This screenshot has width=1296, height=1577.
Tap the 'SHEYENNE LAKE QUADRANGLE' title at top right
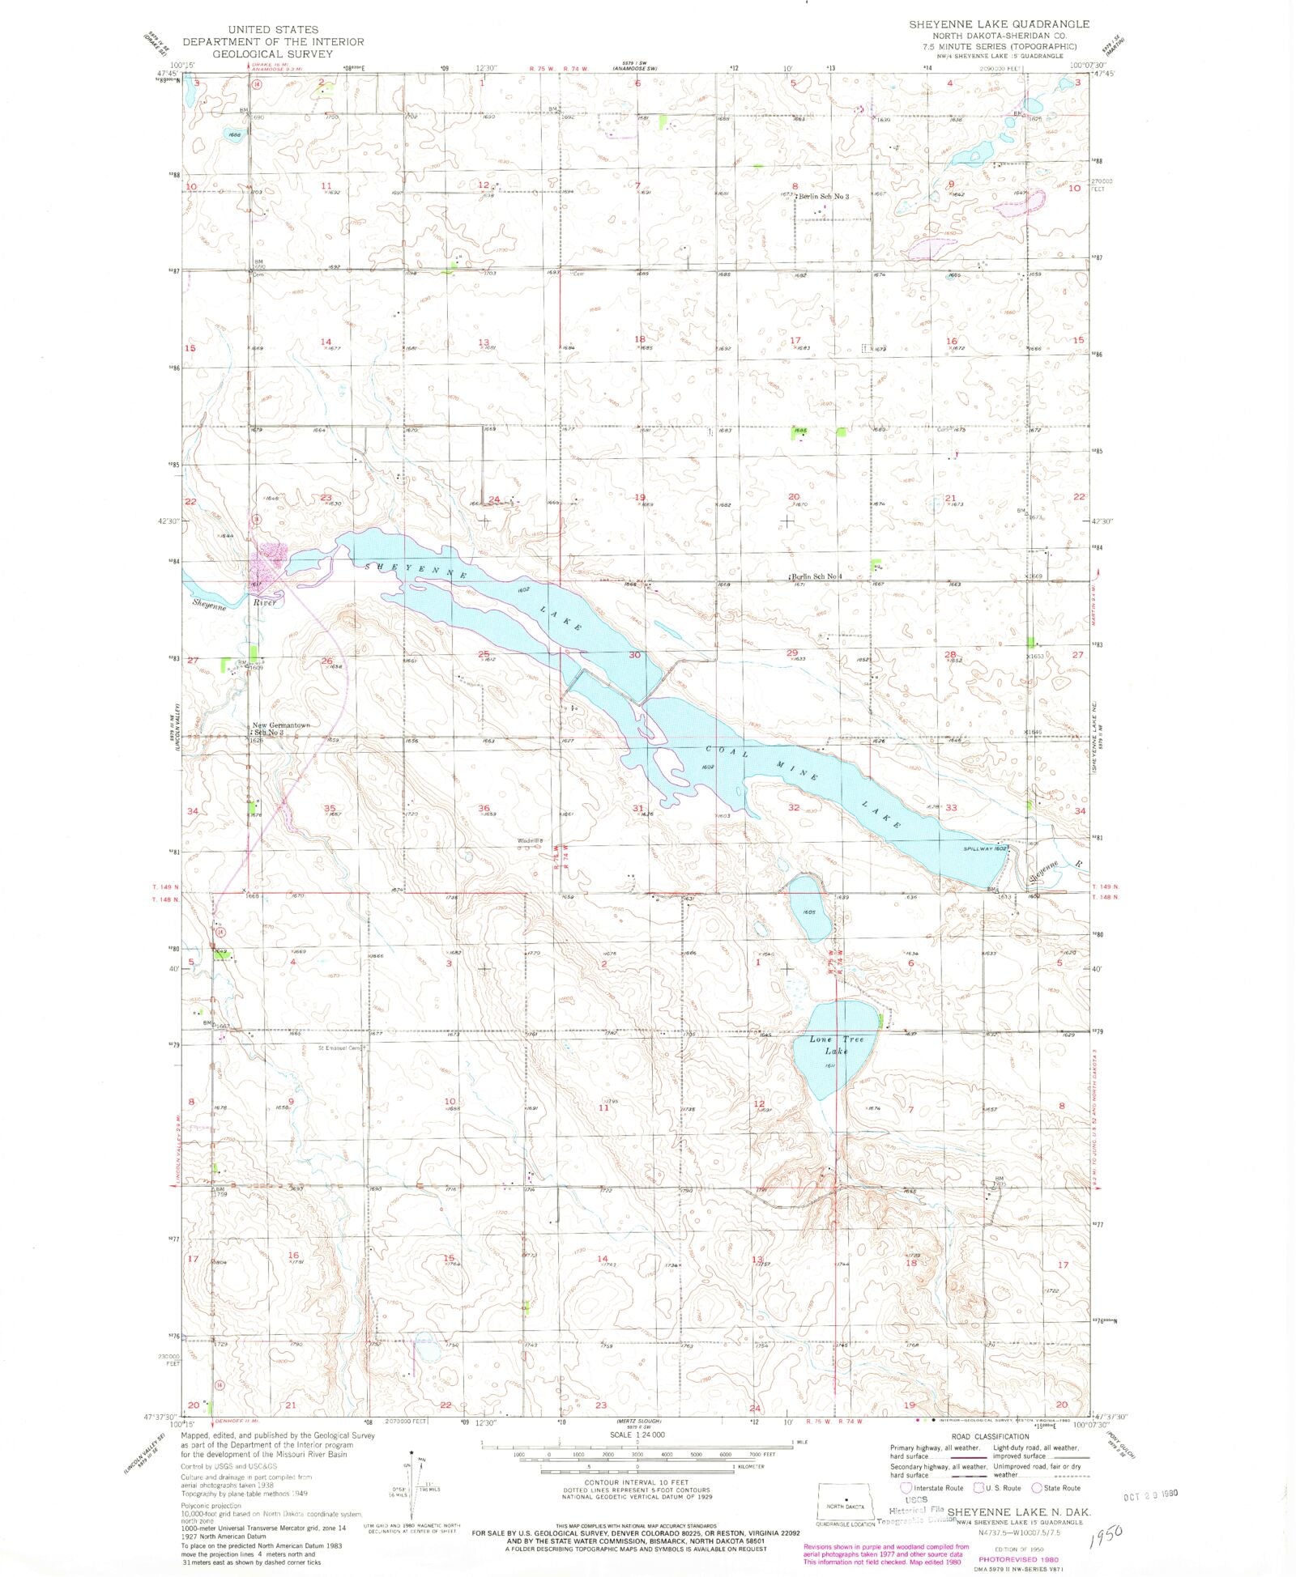[999, 24]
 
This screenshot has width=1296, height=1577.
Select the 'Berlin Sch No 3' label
[824, 197]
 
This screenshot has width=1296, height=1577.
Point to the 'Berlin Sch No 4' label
[818, 576]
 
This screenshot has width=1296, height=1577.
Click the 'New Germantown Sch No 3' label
[280, 729]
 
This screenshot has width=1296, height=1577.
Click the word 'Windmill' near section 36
[529, 840]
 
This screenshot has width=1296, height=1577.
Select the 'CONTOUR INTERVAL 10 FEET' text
[630, 1482]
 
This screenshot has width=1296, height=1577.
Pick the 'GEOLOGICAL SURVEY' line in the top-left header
[272, 53]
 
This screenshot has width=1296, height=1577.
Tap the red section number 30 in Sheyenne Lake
[634, 655]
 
